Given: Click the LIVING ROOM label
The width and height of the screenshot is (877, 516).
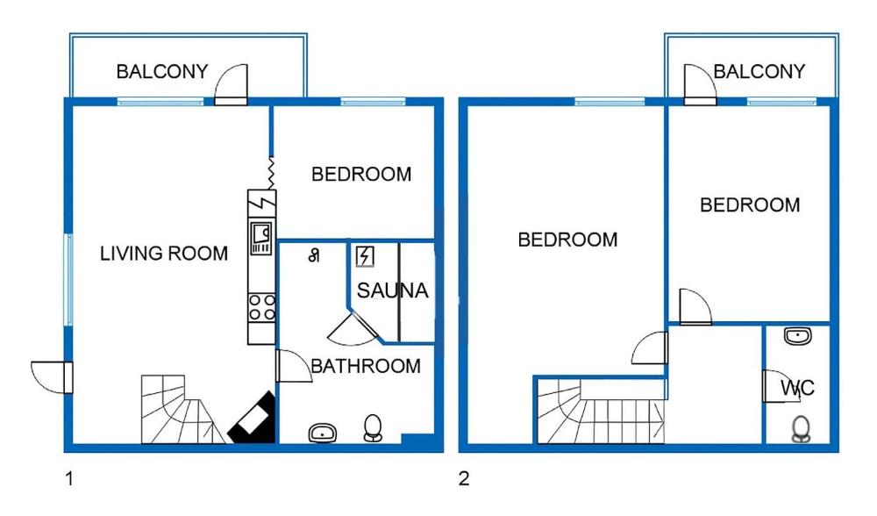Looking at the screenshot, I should pos(163,254).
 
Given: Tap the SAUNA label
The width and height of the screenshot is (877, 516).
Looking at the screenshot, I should pos(392,290).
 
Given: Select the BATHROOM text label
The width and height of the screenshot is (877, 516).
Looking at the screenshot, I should pos(366,366).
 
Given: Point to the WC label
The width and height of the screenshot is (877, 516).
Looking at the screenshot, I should pos(797,387).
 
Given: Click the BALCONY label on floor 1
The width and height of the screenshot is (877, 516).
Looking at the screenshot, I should pos(162,71).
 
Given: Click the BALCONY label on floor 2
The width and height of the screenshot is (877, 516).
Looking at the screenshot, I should pos(759,71).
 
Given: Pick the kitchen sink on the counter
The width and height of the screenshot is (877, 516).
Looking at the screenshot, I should pos(261,234).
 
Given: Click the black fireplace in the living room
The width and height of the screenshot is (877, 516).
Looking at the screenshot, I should pos(253,418).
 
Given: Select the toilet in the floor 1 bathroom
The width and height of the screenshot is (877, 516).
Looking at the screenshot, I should pos(373,427).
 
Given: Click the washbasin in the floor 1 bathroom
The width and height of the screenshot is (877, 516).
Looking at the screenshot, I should pos(323,432).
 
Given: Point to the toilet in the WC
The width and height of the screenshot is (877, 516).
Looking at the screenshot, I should pos(800,428).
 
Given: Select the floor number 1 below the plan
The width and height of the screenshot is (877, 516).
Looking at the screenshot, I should pos(68,479).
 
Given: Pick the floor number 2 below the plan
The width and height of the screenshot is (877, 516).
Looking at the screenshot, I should pos(464,479).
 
